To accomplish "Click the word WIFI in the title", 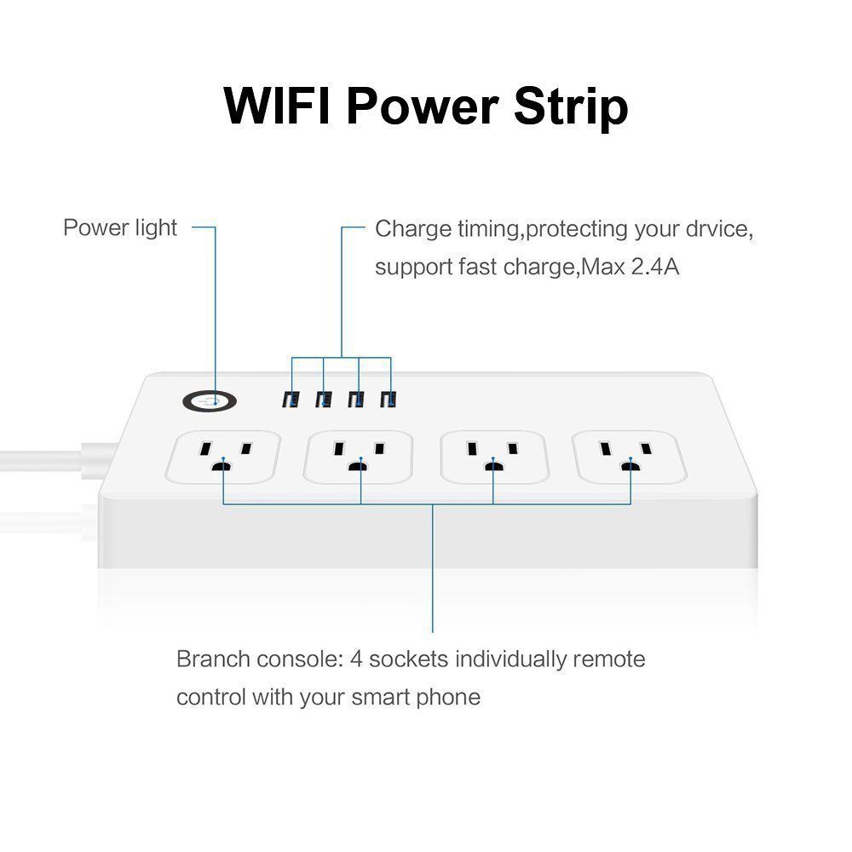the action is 277,106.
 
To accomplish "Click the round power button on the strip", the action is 210,401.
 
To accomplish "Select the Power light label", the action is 120,227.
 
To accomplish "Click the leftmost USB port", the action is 291,400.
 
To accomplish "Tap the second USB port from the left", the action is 323,400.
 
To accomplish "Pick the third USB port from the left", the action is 356,400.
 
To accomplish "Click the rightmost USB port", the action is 388,400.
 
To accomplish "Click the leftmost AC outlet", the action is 222,457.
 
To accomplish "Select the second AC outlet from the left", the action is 359,457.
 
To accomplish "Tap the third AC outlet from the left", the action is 494,457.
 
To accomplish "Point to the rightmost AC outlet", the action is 630,457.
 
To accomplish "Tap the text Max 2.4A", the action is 630,267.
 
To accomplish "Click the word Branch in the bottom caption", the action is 212,659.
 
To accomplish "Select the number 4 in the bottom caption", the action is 356,659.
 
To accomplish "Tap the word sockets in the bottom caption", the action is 409,659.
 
